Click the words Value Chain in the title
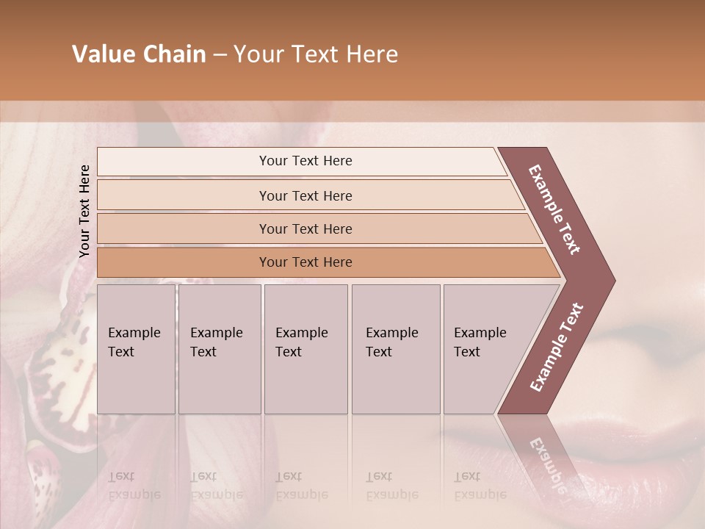[x=139, y=54]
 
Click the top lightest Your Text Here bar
[x=305, y=161]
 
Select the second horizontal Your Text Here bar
[x=305, y=195]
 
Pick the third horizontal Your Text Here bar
[x=305, y=228]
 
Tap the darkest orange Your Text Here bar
[x=305, y=262]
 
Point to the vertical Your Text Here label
[x=84, y=211]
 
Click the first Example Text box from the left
[x=136, y=349]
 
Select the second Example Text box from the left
[x=219, y=349]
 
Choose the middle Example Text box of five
[x=305, y=349]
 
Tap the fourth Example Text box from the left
[x=395, y=349]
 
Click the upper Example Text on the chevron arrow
[x=555, y=209]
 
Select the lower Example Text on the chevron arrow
[x=557, y=347]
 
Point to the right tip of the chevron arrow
[x=612, y=280]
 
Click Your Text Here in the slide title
[x=316, y=54]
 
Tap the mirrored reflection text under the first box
[x=134, y=486]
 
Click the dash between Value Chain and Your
[x=220, y=55]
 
